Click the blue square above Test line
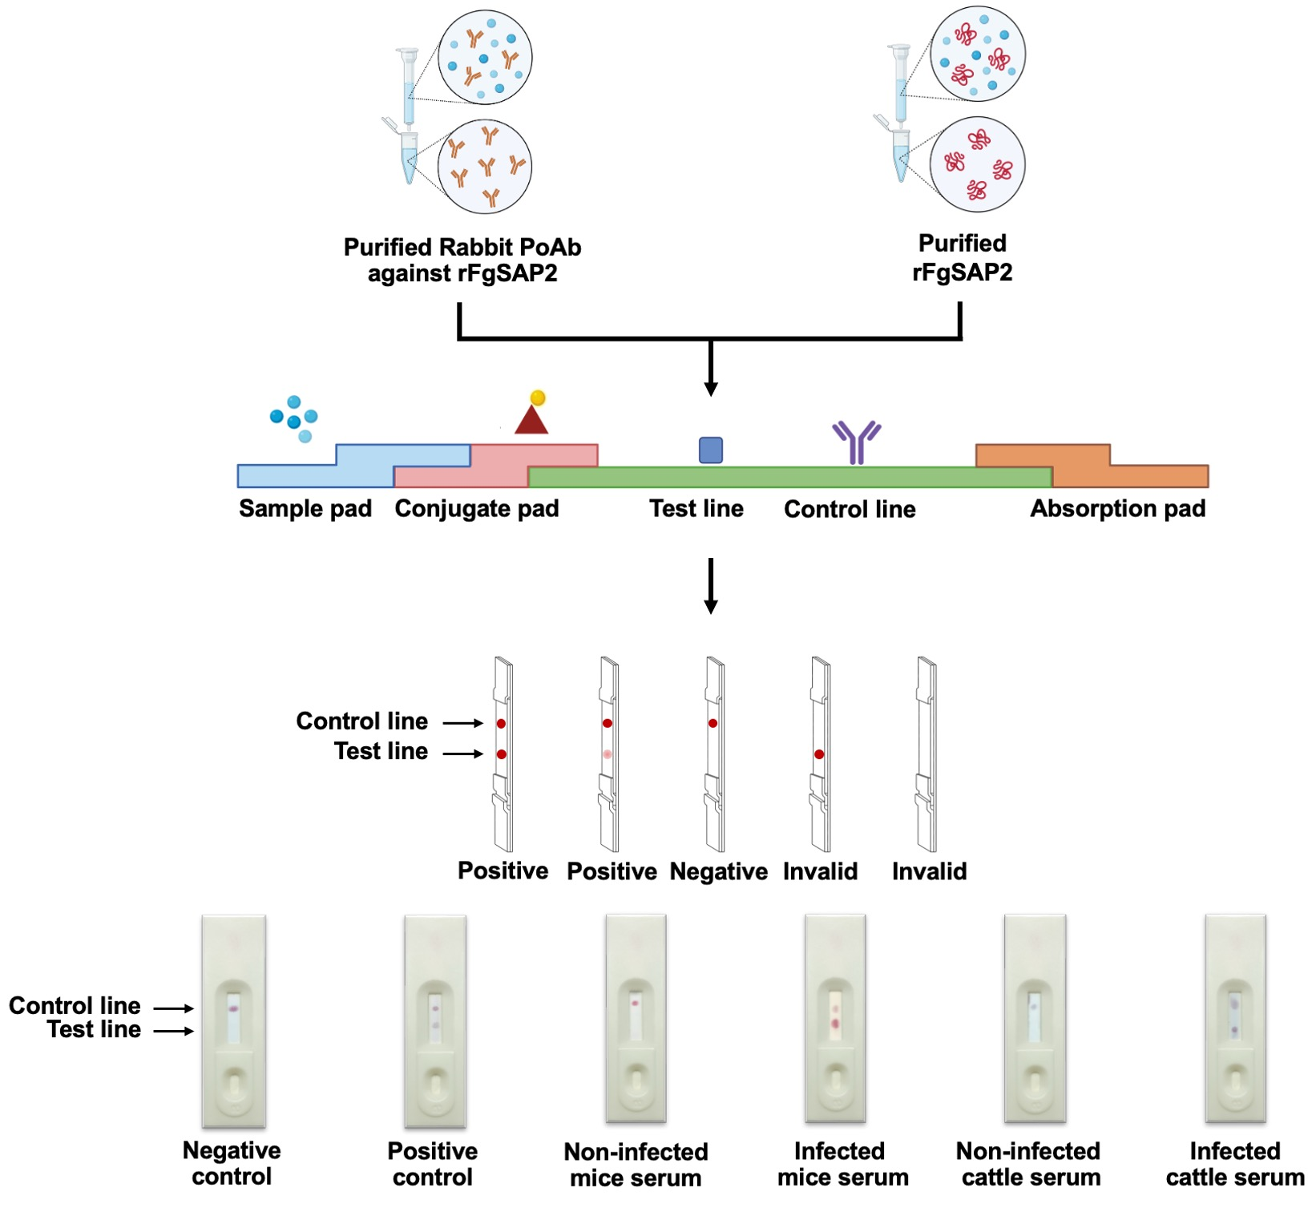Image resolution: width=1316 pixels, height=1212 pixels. pyautogui.click(x=711, y=450)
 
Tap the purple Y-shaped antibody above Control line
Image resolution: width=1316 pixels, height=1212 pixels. pyautogui.click(x=857, y=442)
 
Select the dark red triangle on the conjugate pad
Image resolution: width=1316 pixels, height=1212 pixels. pyautogui.click(x=531, y=420)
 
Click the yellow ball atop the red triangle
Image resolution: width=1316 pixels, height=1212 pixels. pyautogui.click(x=538, y=398)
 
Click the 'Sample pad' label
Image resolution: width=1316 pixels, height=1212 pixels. pyautogui.click(x=305, y=509)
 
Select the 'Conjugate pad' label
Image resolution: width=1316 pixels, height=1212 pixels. pyautogui.click(x=477, y=509)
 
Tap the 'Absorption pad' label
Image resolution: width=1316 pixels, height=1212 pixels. pyautogui.click(x=1118, y=509)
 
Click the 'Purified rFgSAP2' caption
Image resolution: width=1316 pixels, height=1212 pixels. pyautogui.click(x=963, y=258)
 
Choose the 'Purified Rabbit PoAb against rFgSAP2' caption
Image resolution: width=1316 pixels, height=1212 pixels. pyautogui.click(x=462, y=261)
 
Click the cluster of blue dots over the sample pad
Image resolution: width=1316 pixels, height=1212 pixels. pyautogui.click(x=294, y=418)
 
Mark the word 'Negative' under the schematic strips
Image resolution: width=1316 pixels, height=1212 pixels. pyautogui.click(x=719, y=871)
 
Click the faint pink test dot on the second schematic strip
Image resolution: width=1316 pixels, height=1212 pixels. pyautogui.click(x=608, y=754)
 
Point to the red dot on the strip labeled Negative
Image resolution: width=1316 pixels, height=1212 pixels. pyautogui.click(x=712, y=723)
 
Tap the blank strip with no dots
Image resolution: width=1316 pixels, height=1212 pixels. pyautogui.click(x=926, y=753)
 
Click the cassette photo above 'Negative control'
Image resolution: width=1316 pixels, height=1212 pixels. pyautogui.click(x=233, y=1020)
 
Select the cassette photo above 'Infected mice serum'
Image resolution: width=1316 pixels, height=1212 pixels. pyautogui.click(x=835, y=1018)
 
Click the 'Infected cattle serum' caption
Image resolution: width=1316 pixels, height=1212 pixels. pyautogui.click(x=1235, y=1164)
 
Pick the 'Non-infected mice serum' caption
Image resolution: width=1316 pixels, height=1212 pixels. pyautogui.click(x=636, y=1165)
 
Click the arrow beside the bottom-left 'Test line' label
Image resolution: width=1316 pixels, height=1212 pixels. pyautogui.click(x=174, y=1031)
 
